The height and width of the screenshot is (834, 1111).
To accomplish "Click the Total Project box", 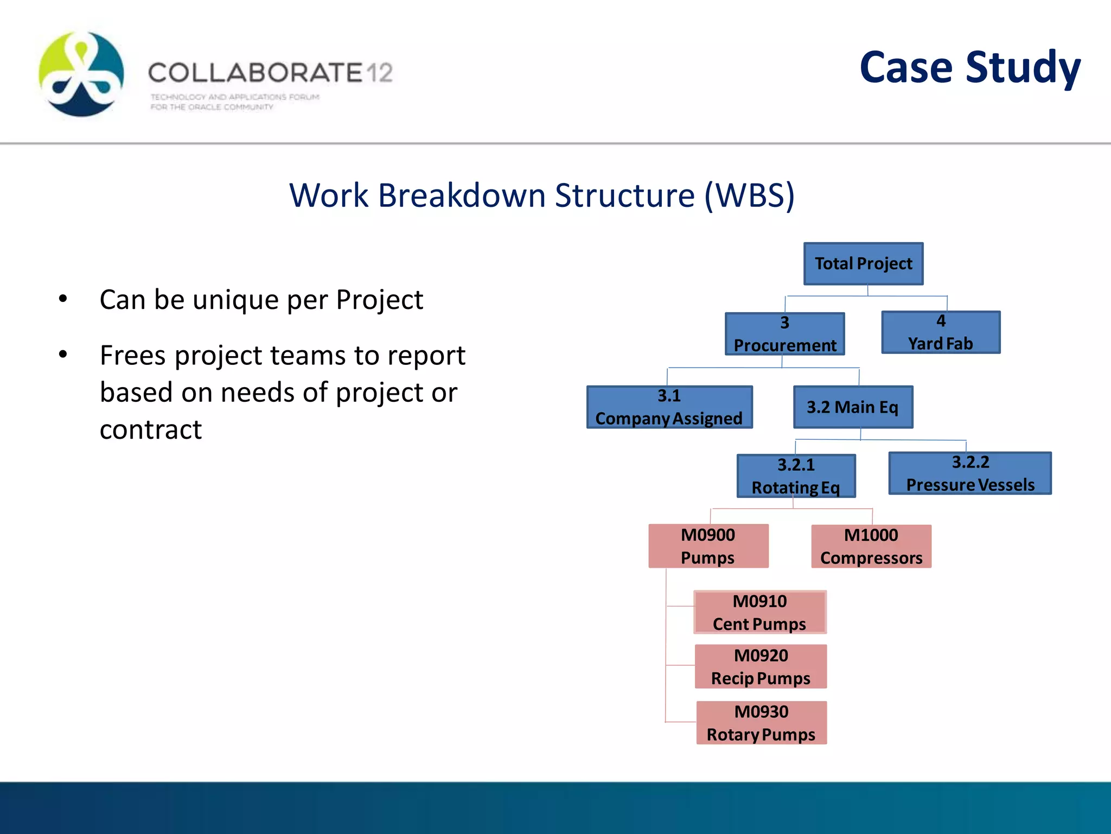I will coord(863,264).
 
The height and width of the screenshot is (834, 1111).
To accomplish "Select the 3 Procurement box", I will coord(784,334).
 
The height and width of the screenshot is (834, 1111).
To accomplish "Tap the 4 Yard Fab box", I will coord(941,332).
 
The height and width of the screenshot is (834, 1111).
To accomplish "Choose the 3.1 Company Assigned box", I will coord(669,407).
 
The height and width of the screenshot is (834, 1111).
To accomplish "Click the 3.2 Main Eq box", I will coord(853,407).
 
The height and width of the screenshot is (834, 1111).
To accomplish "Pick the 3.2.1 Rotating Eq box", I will coord(796,476).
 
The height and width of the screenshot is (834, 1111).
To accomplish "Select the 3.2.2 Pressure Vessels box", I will coord(970,473).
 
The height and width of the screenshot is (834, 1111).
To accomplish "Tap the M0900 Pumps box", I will coord(708,546).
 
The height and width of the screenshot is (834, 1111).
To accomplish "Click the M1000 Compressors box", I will coord(871,546).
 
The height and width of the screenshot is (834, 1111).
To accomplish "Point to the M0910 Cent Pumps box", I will coord(759,612).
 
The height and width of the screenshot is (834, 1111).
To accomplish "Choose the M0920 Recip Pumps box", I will coord(761,667).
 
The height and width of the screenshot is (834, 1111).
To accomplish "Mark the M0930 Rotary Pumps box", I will coord(761,723).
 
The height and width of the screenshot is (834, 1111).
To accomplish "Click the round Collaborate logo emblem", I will coord(81,74).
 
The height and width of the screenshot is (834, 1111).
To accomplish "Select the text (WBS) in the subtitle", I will coord(749,195).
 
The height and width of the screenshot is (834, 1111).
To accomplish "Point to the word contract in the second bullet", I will coord(151,429).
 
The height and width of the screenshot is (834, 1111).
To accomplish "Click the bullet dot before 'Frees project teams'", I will coord(63,355).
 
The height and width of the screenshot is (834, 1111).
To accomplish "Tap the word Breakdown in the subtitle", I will coord(462,195).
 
